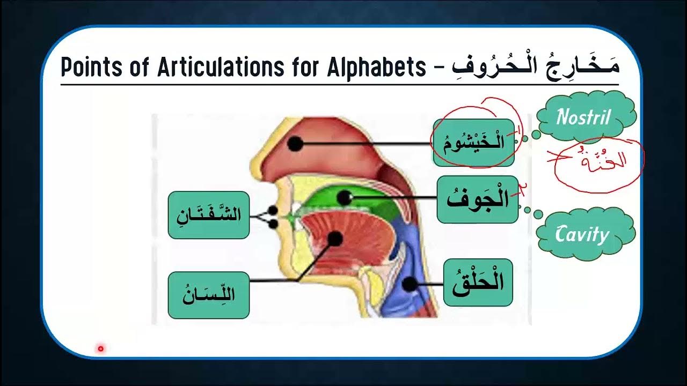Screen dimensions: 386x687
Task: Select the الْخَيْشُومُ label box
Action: coord(474,143)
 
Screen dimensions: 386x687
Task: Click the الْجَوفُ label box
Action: coord(477,199)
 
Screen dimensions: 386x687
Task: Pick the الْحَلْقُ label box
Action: coord(478,283)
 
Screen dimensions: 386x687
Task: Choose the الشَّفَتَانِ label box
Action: coord(209,215)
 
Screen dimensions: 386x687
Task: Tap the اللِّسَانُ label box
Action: coord(209,295)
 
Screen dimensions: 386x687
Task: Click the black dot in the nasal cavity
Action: coord(294,144)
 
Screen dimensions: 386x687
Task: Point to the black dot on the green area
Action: coord(345,197)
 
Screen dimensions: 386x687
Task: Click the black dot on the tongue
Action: coord(335,239)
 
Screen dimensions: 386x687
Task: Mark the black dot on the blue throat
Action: coord(410,284)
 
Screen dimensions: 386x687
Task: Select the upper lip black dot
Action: coord(273,211)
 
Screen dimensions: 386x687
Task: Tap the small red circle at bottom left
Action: coord(100,349)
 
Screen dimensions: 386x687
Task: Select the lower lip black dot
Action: coord(273,224)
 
